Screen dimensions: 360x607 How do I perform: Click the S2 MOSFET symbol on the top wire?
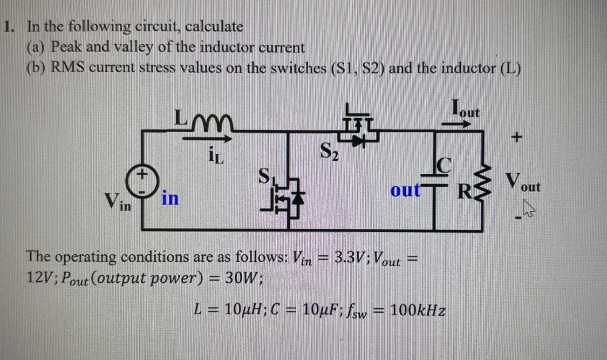(357, 130)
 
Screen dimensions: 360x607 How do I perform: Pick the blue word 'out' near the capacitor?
(405, 192)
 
